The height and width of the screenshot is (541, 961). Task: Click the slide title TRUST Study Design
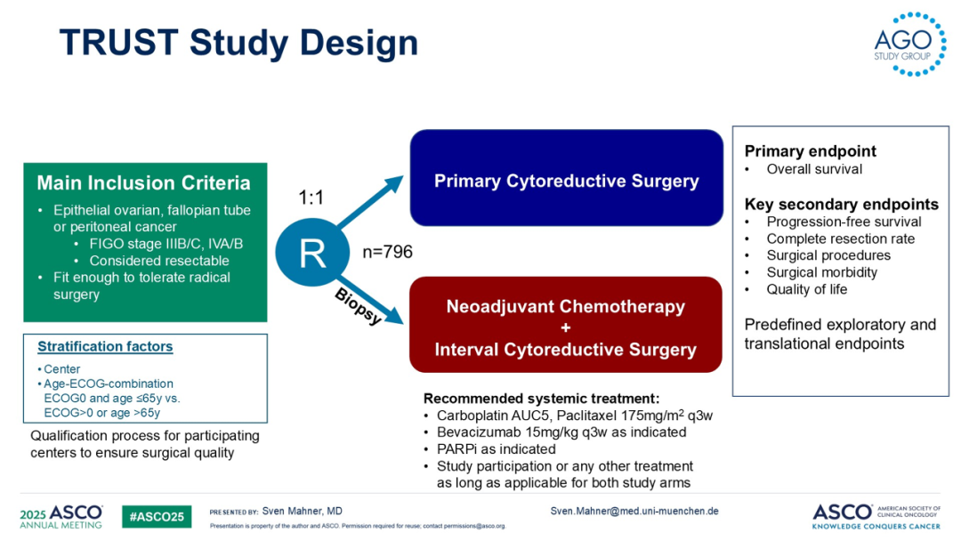pos(238,43)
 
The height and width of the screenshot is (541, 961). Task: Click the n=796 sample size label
pos(387,253)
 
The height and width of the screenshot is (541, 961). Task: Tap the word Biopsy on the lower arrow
pos(358,306)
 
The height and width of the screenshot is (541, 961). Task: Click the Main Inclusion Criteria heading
pos(143,183)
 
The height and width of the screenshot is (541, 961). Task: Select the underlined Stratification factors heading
pos(105,347)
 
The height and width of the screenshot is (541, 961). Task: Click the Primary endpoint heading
pos(810,151)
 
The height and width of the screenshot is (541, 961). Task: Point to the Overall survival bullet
pos(814,169)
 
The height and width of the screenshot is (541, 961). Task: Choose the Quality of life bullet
pos(807,289)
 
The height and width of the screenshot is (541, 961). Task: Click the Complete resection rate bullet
pos(840,238)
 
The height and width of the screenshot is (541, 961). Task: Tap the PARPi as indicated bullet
pos(496,449)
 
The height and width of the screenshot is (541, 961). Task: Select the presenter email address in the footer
pos(634,511)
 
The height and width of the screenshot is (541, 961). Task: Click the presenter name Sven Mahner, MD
pos(302,512)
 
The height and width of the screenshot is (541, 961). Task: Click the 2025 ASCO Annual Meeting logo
pos(61,517)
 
